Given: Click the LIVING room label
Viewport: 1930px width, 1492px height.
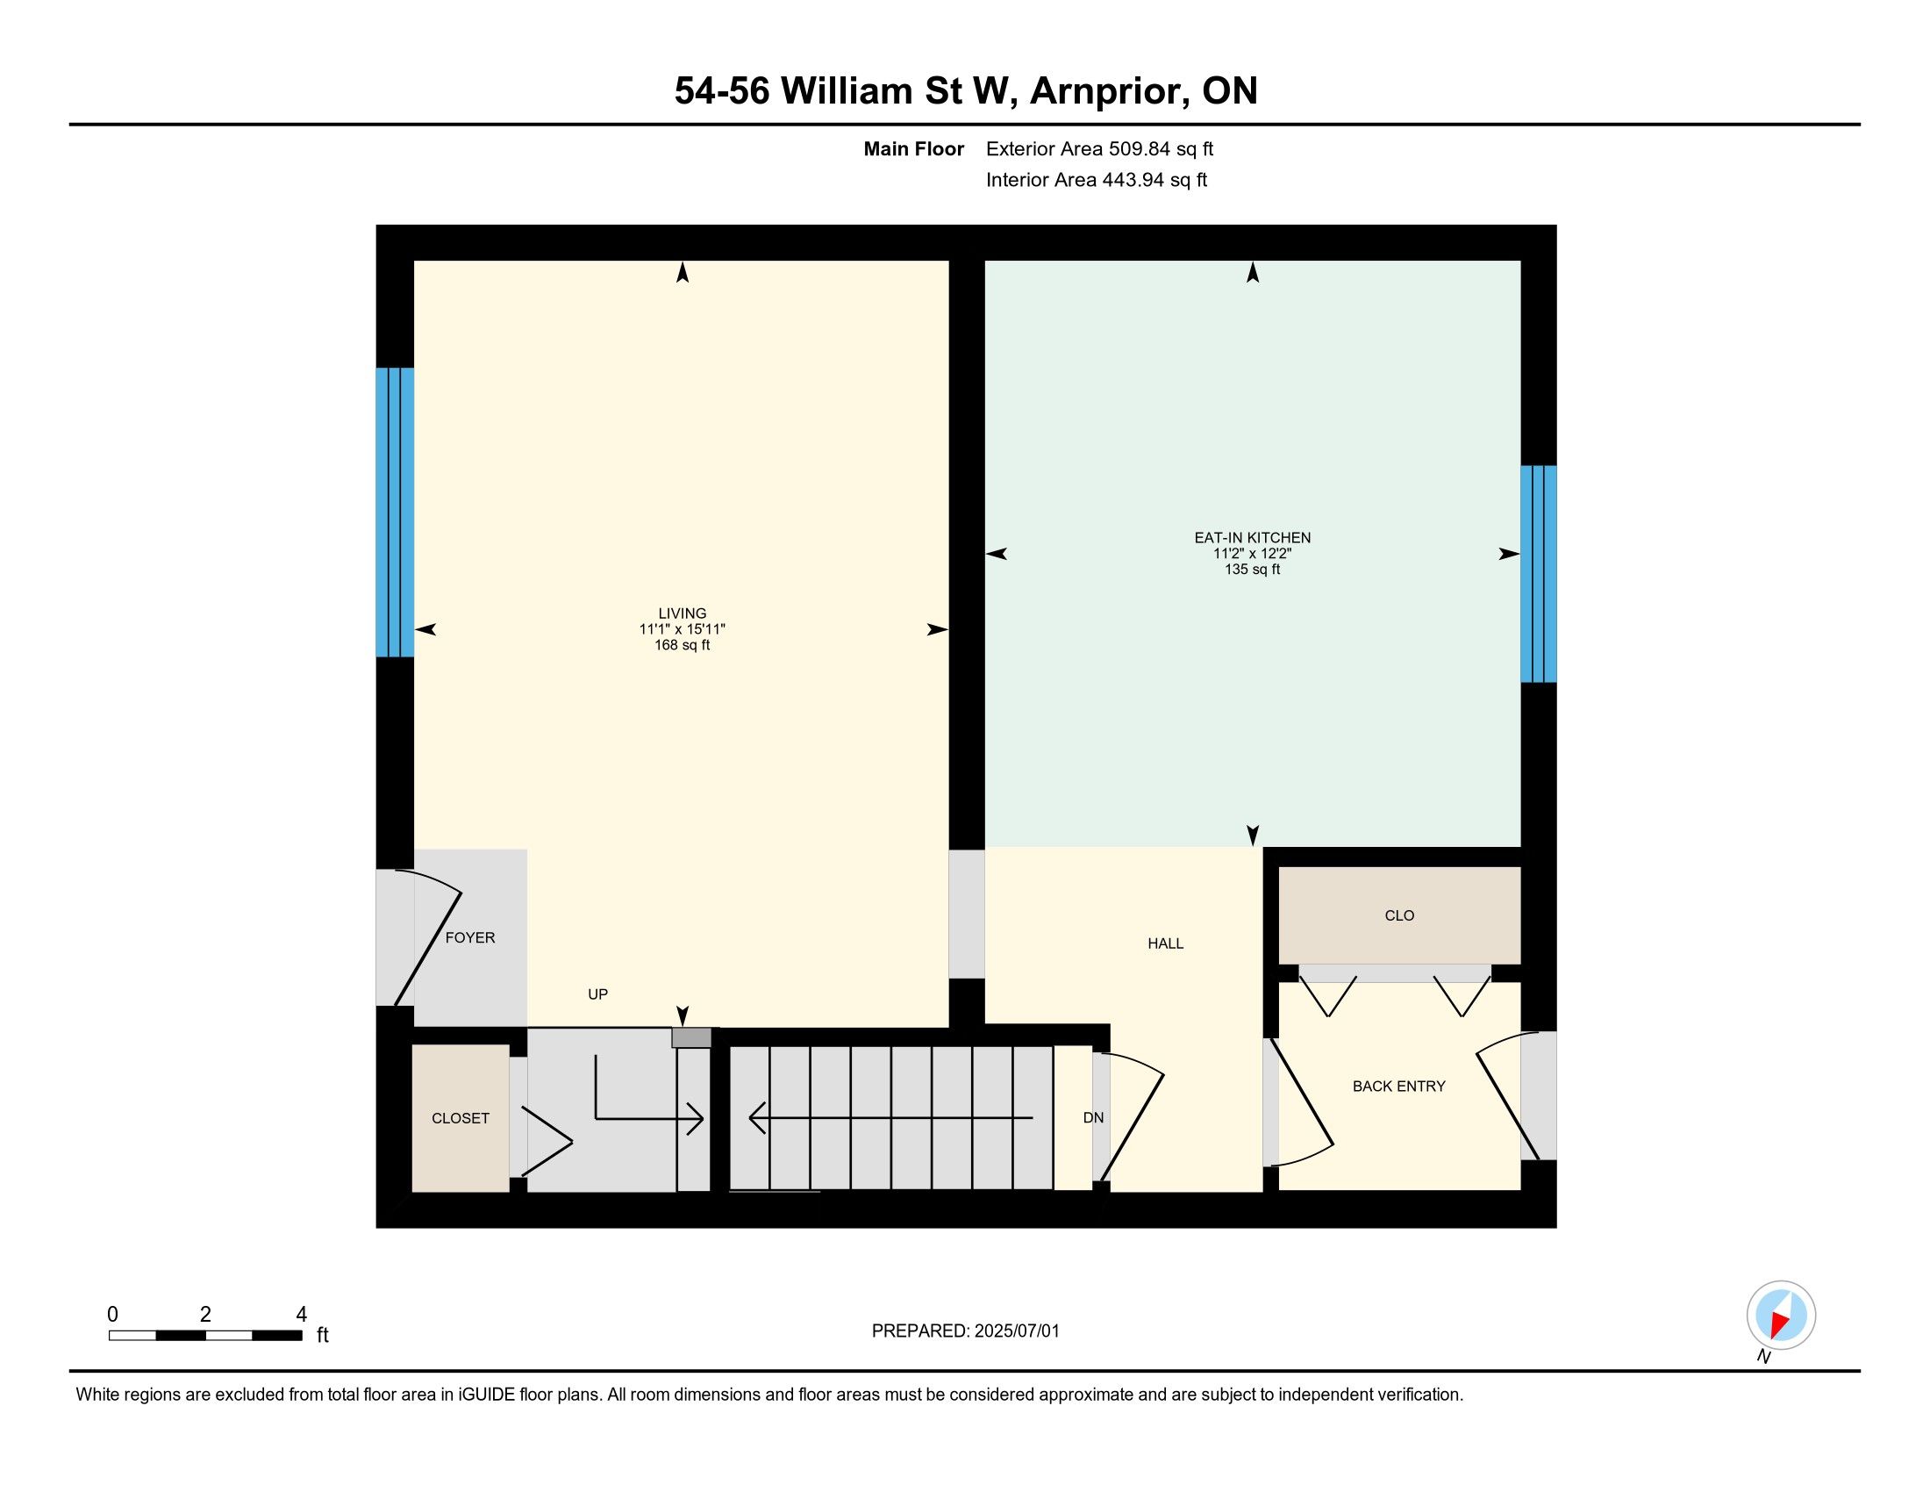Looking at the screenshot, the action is [683, 613].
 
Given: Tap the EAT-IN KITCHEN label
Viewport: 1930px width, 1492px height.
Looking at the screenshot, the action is [1252, 537].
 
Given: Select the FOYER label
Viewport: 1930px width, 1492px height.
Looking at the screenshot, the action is [470, 938].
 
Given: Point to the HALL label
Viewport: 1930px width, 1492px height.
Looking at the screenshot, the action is [1166, 944].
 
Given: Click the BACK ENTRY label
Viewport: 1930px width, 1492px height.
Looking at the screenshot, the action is [1399, 1087].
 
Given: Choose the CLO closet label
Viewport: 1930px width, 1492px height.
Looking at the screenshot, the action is [1400, 915].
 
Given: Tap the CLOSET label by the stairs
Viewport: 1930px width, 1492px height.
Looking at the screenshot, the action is [461, 1119].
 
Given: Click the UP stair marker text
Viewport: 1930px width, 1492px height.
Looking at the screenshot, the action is [598, 994].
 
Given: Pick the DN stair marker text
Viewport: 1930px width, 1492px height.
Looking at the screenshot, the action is [1094, 1118].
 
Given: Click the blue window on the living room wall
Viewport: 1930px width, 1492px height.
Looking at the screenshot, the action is [395, 513].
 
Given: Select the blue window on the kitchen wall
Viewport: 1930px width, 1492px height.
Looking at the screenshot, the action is [1539, 574].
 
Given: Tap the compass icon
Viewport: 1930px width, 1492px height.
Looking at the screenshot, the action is [1781, 1316].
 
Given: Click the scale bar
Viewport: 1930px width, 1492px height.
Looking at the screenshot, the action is [205, 1336].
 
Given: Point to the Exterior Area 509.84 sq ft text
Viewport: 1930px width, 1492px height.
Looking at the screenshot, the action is [1099, 149].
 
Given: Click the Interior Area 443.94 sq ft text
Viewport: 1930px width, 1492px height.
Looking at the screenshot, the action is [1097, 180].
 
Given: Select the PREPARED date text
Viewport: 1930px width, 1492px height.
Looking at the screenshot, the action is [965, 1331].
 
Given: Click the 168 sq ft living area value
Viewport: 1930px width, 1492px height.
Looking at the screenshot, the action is [683, 645].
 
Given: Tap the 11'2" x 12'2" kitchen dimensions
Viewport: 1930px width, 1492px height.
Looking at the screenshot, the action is [1252, 553].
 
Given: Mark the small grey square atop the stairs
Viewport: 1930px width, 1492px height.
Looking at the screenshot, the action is [691, 1037].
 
